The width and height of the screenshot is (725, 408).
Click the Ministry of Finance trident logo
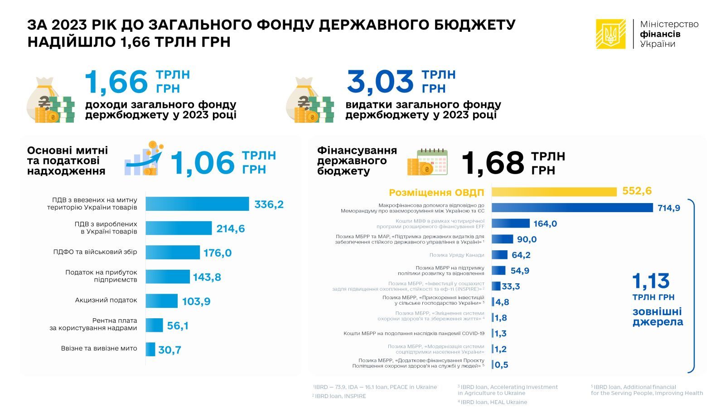pos(610,34)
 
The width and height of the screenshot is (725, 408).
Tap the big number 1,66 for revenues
pos(116,82)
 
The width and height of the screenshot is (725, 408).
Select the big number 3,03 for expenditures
pos(380,82)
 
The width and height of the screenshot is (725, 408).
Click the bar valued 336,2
pos(197,204)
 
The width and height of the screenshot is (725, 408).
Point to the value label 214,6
pos(230,228)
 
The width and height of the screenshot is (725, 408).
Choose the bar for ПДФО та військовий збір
pos(173,253)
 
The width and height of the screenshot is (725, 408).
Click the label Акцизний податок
pos(106,300)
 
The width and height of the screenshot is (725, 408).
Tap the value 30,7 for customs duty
pos(169,350)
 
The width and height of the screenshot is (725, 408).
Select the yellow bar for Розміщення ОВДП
pos(554,192)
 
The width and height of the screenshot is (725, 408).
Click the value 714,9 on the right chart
pos(669,208)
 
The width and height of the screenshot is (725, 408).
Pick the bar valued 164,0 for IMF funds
pos(510,223)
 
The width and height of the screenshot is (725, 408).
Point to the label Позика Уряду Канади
pos(456,255)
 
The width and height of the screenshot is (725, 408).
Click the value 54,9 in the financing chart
pos(520,271)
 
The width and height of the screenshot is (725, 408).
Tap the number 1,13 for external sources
pos(651,282)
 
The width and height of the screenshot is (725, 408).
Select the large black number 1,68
pos(493,163)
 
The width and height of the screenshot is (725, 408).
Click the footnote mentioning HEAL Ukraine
pos(492,402)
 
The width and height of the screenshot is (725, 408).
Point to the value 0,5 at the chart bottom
pos(501,365)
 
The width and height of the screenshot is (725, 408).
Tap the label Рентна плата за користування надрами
pos(93,324)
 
